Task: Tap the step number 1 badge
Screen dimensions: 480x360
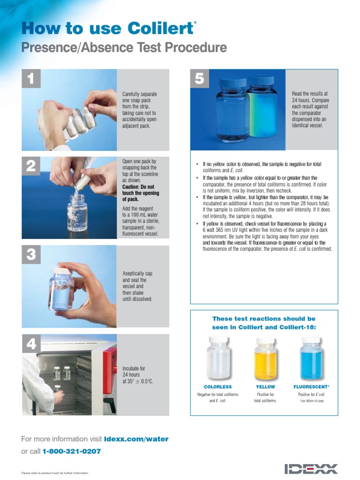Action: pyautogui.click(x=31, y=79)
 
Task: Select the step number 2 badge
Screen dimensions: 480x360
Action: pyautogui.click(x=31, y=166)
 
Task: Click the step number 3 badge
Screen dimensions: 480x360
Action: pyautogui.click(x=31, y=255)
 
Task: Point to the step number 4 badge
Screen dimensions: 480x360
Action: pyautogui.click(x=31, y=344)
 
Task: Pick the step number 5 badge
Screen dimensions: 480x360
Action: pyautogui.click(x=199, y=79)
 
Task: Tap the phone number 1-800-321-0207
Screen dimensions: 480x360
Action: pyautogui.click(x=71, y=451)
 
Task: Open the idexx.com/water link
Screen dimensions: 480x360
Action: pyautogui.click(x=136, y=439)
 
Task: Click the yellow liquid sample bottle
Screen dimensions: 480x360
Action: pyautogui.click(x=265, y=359)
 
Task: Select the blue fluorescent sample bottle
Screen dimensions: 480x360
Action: pyautogui.click(x=311, y=359)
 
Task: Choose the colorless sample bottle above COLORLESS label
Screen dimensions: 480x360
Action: pyautogui.click(x=217, y=359)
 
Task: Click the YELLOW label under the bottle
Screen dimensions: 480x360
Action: pyautogui.click(x=265, y=387)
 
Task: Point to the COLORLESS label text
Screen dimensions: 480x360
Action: pyautogui.click(x=217, y=387)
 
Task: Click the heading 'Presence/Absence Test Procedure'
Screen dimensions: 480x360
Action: pyautogui.click(x=124, y=48)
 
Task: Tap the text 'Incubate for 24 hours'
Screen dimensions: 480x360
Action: pyautogui.click(x=135, y=372)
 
